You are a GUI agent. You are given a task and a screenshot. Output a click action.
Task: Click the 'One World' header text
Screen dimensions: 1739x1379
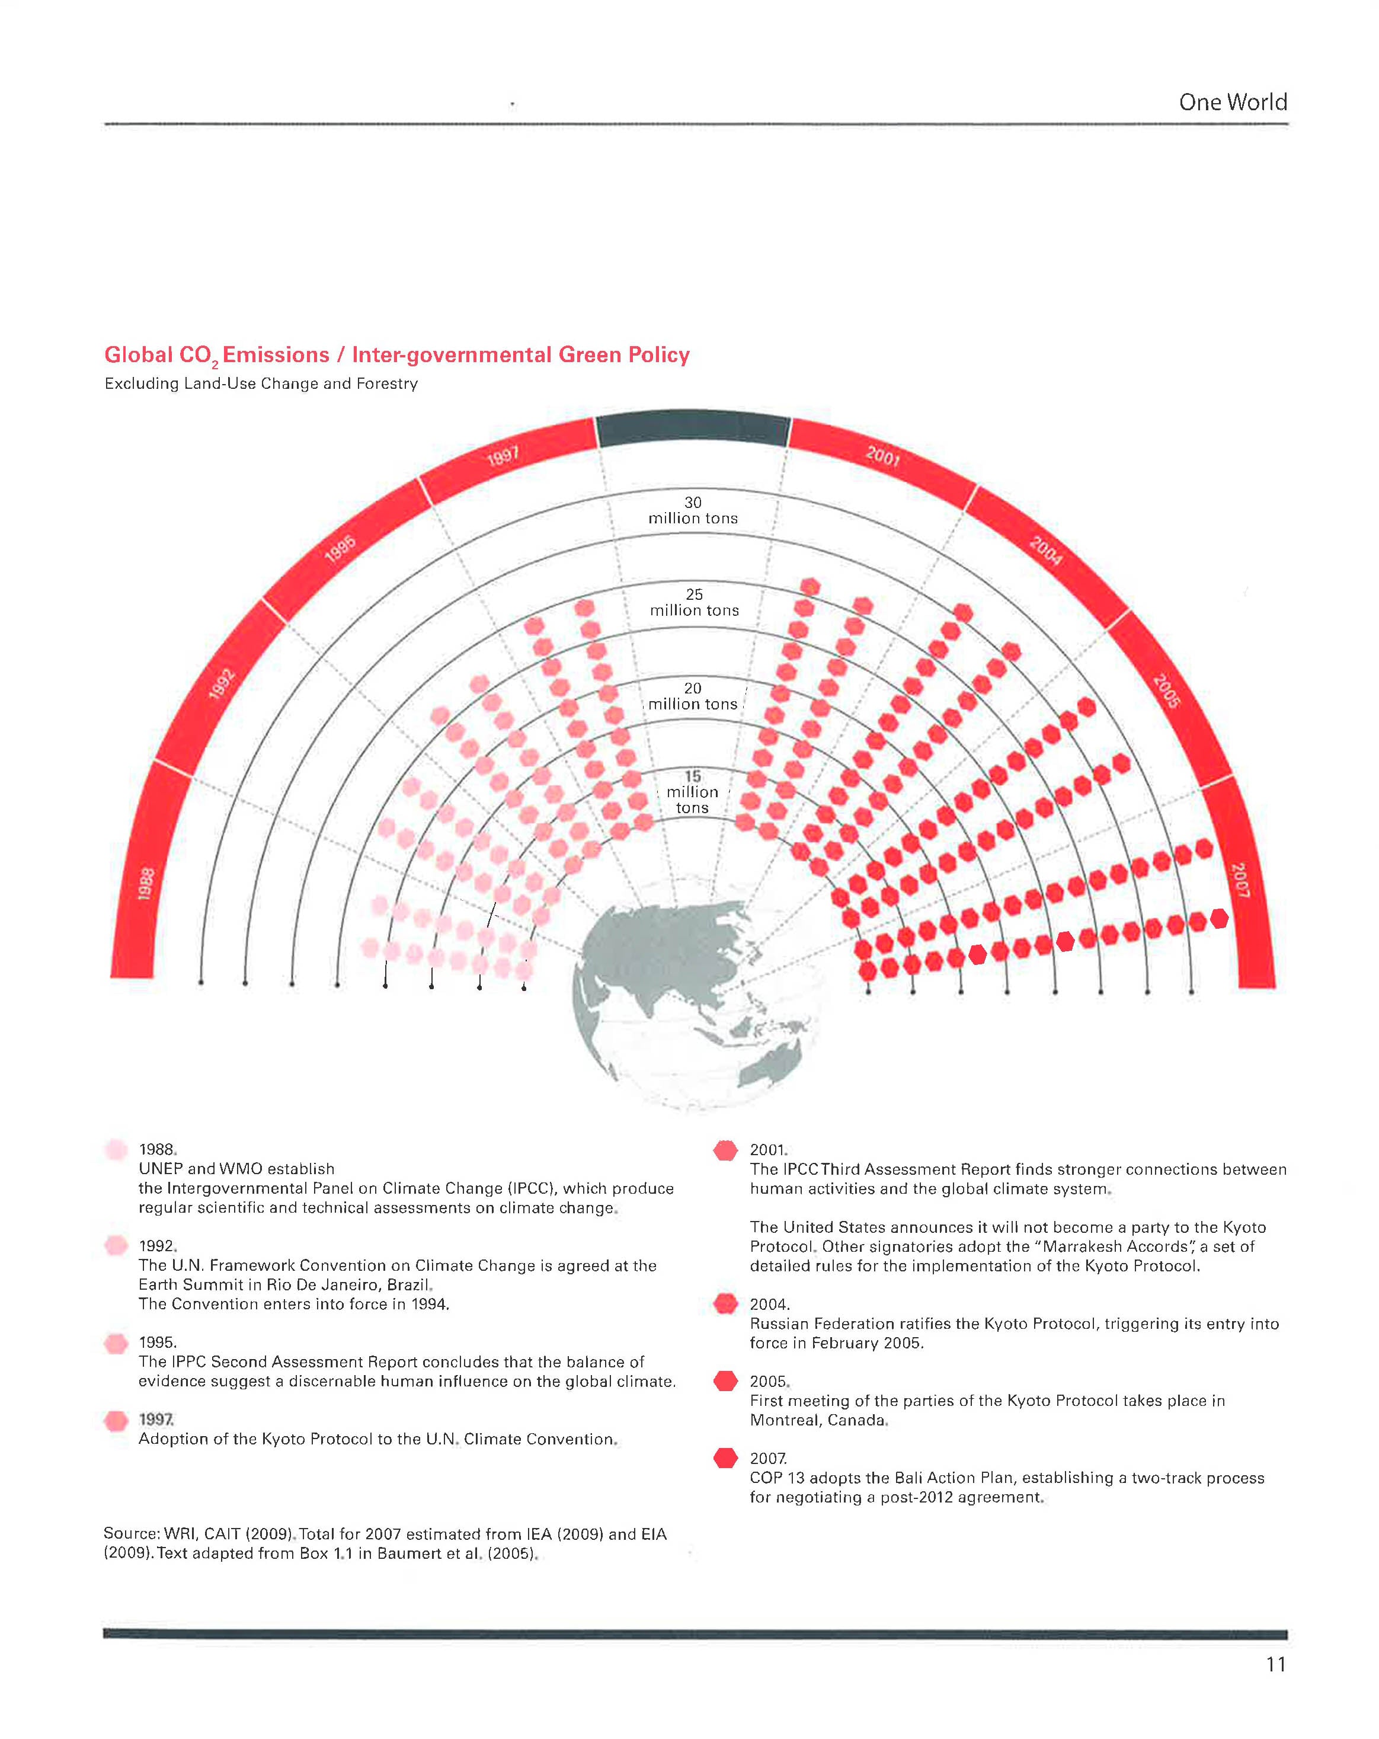click(x=1231, y=103)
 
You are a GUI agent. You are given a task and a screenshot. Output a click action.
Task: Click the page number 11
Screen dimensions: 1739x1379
click(x=1275, y=1664)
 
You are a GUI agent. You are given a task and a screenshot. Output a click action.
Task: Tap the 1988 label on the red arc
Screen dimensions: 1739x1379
click(x=146, y=883)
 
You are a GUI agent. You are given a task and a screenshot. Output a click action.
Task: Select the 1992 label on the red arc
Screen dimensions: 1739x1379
click(x=221, y=683)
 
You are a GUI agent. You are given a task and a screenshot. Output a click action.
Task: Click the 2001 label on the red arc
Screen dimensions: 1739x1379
click(x=882, y=456)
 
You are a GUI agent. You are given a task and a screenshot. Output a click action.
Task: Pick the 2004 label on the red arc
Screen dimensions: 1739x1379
click(x=1045, y=550)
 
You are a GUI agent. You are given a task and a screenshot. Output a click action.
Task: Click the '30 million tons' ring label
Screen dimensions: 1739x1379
click(x=693, y=510)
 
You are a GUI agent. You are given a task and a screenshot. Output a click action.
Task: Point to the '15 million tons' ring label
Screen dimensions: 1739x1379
click(x=692, y=791)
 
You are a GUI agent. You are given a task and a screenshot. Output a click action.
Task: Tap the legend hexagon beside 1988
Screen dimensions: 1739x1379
click(x=116, y=1149)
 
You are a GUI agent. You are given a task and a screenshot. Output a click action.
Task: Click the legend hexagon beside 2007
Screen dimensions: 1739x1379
click(x=726, y=1457)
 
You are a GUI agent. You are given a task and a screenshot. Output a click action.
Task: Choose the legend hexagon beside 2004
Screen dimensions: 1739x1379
click(x=726, y=1303)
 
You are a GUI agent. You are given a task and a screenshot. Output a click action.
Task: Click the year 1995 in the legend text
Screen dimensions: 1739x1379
click(x=157, y=1342)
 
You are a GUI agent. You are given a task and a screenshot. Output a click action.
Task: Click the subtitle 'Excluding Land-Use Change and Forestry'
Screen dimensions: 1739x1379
click(x=261, y=384)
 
